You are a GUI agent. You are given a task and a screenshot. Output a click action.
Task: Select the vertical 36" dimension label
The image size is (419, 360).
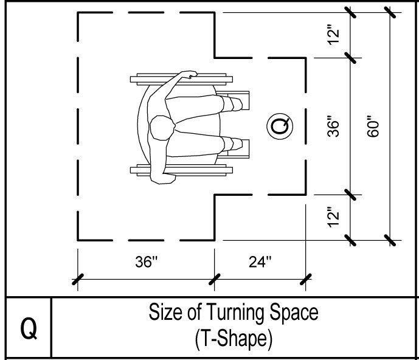click(x=333, y=126)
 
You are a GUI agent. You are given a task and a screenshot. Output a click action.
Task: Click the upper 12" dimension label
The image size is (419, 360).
click(x=333, y=35)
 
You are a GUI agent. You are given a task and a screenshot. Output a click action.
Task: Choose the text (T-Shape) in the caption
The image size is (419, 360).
click(x=233, y=339)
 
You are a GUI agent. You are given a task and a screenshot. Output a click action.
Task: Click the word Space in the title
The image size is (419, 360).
click(x=291, y=314)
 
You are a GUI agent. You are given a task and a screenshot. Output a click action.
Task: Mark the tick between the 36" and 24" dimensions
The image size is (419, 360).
click(x=214, y=279)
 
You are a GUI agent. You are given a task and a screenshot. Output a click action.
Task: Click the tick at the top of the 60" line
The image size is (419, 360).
click(x=389, y=12)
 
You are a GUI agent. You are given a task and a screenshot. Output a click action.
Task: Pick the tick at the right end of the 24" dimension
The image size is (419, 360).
click(x=306, y=279)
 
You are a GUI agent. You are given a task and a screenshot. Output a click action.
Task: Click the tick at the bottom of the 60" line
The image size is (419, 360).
click(x=389, y=240)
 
